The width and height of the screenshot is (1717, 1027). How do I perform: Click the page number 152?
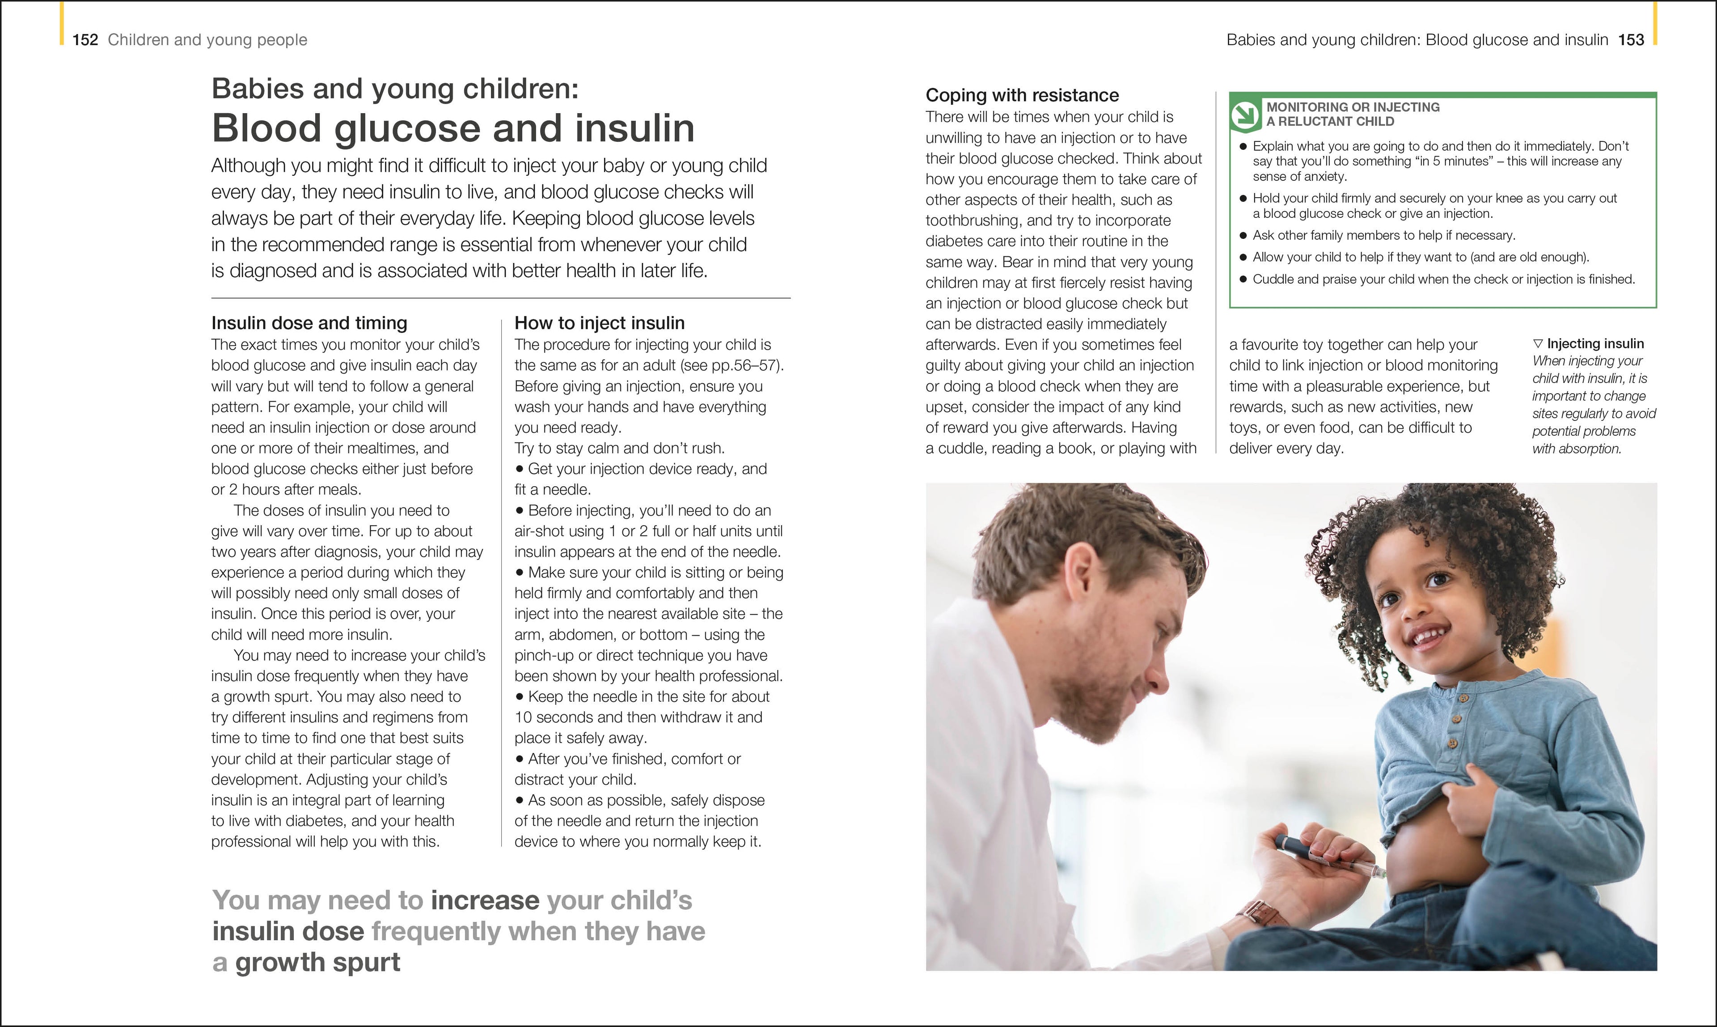coord(85,40)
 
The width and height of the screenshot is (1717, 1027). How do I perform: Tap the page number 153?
coord(1631,40)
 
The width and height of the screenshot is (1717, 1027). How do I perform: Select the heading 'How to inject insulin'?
coord(599,323)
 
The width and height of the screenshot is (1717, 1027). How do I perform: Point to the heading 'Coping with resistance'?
coord(1022,96)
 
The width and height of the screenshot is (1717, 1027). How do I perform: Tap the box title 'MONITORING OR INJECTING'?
coord(1353,107)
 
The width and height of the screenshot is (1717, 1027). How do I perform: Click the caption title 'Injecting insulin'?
coord(1594,344)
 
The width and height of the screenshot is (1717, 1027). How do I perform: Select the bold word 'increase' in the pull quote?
coord(484,900)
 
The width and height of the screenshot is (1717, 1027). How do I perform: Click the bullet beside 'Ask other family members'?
coord(1243,236)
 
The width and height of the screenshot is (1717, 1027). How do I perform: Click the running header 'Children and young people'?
coord(207,40)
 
